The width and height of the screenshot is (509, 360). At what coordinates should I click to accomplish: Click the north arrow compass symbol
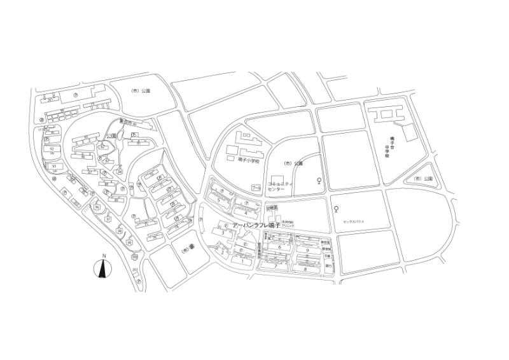pyautogui.click(x=102, y=268)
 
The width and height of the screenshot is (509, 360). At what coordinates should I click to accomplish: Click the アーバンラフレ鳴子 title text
pyautogui.click(x=258, y=226)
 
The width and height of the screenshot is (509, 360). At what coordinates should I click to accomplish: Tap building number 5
pyautogui.click(x=219, y=200)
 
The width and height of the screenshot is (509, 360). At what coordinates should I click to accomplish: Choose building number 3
pyautogui.click(x=223, y=233)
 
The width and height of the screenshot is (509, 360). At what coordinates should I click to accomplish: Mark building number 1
pyautogui.click(x=242, y=261)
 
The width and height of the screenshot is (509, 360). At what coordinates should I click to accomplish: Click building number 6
pyautogui.click(x=279, y=247)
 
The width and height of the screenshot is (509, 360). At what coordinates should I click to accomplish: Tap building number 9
pyautogui.click(x=307, y=251)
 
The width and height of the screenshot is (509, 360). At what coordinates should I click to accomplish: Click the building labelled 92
pyautogui.click(x=52, y=149)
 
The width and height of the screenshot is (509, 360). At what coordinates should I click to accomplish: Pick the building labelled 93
pyautogui.click(x=54, y=166)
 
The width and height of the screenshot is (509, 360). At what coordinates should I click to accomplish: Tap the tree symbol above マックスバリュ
pyautogui.click(x=335, y=209)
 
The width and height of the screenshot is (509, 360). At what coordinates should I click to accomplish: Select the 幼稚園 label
pyautogui.click(x=273, y=208)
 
